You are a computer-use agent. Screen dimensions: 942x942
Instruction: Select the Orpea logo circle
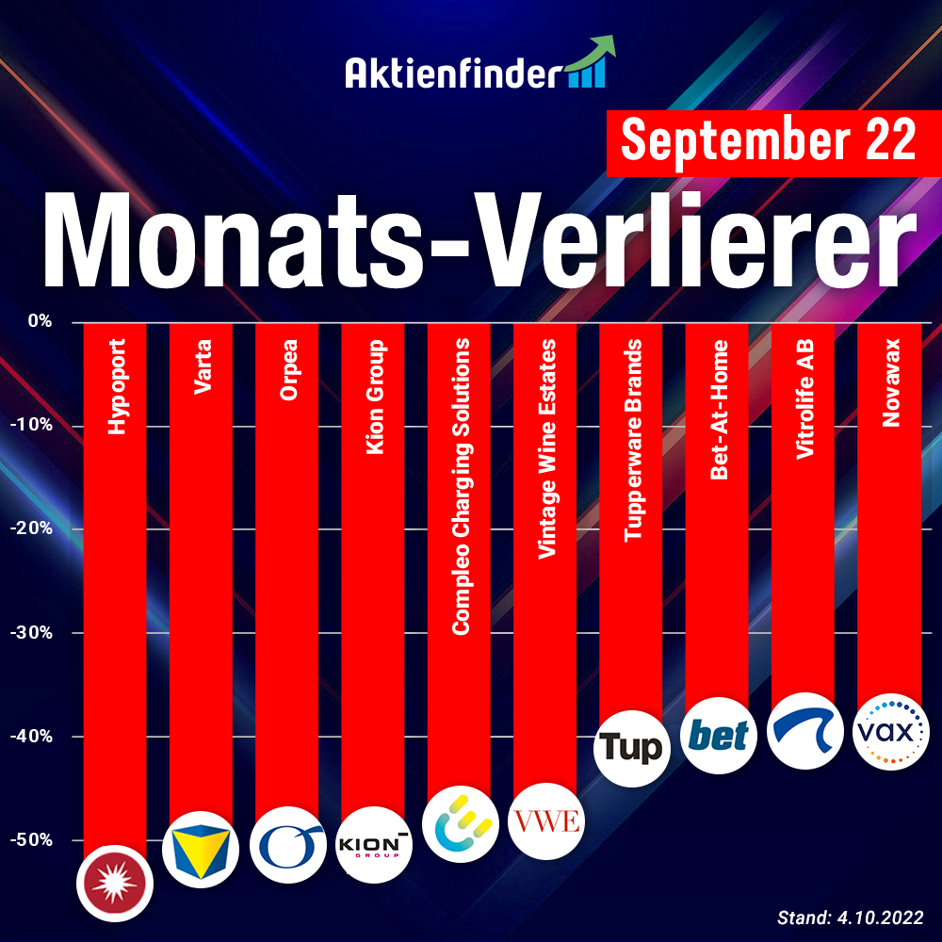tap(286, 845)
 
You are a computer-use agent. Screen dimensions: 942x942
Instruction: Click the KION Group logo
tap(373, 843)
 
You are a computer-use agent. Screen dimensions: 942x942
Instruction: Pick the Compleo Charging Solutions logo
tap(459, 826)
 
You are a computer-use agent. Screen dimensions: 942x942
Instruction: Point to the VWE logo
tap(545, 820)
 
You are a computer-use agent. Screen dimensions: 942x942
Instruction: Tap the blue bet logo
tap(718, 735)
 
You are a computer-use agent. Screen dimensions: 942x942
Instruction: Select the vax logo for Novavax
tap(889, 730)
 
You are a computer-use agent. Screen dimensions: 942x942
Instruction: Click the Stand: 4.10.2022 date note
tap(850, 917)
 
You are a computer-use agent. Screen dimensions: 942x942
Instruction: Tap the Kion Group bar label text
tap(374, 397)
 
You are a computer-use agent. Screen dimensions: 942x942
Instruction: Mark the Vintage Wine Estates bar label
tap(545, 450)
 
